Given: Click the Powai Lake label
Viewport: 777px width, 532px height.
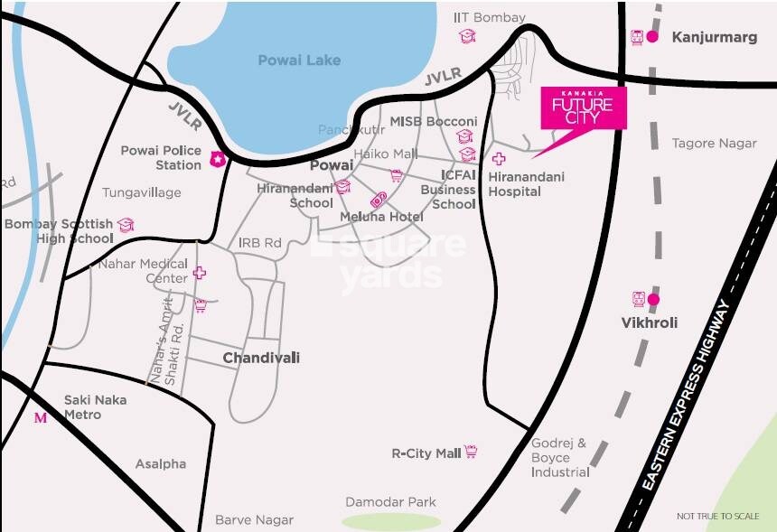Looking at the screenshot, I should [299, 61].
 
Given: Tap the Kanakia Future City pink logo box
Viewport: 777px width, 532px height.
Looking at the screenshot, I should [583, 108].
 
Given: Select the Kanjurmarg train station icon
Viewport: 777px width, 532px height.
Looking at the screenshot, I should [637, 37].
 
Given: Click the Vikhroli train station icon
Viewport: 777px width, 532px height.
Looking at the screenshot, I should [638, 299].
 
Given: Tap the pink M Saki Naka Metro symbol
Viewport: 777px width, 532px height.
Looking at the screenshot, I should [40, 417].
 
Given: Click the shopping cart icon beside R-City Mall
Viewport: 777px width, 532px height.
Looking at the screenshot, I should [471, 452].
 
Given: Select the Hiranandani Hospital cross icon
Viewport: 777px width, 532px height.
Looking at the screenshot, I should [498, 159].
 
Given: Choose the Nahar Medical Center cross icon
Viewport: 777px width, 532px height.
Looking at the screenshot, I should [199, 272].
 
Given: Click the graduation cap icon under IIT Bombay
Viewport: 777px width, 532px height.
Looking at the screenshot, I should [466, 36].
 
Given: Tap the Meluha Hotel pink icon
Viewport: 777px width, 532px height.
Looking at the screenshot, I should [378, 201].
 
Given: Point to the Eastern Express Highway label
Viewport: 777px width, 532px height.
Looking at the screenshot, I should [689, 396].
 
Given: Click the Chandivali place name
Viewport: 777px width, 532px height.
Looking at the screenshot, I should [261, 358].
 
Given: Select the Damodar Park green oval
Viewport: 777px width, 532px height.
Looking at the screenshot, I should [390, 521].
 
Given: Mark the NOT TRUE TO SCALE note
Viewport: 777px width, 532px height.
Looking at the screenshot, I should [717, 517].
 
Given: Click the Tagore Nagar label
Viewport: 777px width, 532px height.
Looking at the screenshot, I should [714, 143].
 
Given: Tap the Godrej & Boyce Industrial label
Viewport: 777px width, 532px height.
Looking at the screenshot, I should [559, 457].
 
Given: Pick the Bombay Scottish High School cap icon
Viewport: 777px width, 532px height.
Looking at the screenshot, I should [126, 224].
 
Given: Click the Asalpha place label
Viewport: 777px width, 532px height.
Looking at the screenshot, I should [161, 463].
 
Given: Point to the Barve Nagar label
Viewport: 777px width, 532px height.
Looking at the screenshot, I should [254, 519].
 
